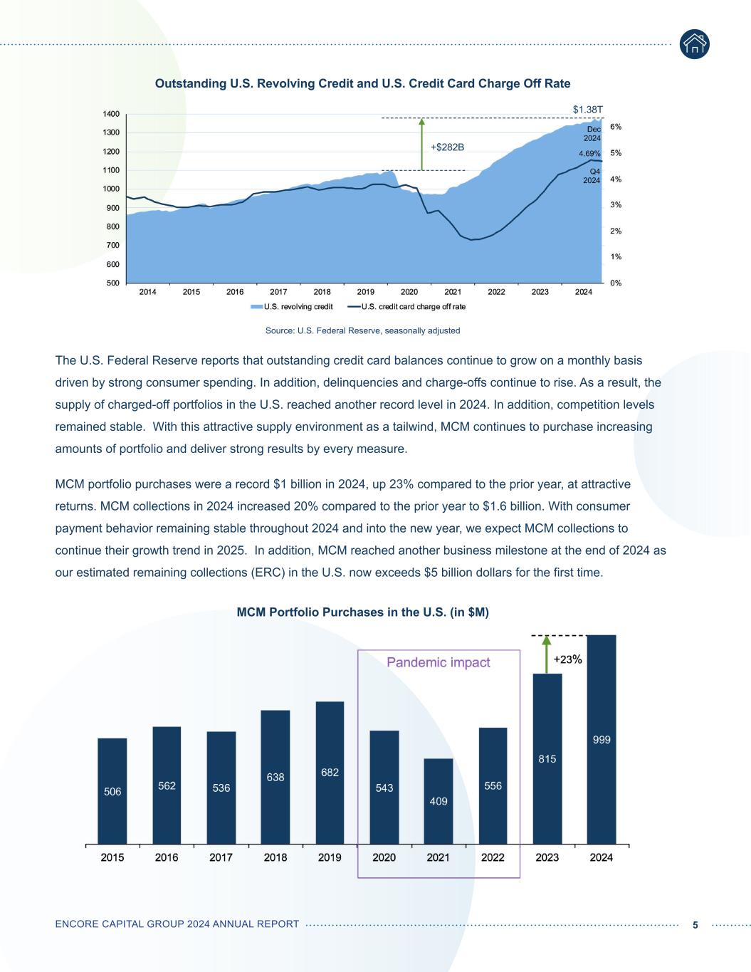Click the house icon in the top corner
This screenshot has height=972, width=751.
(x=694, y=44)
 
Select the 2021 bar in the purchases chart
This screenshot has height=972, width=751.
(x=438, y=801)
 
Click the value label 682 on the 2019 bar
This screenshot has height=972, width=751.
(x=330, y=773)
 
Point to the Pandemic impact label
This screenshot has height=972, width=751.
(x=438, y=662)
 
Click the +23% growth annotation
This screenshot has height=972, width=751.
(x=568, y=659)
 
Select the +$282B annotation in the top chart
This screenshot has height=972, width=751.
(x=447, y=147)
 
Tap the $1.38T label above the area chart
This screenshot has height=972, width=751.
(x=588, y=109)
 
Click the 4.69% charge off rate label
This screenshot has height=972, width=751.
(x=589, y=153)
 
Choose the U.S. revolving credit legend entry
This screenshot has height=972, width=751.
(x=293, y=307)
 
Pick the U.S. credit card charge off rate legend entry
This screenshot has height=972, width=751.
(x=406, y=307)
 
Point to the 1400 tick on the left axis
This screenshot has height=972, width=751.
(x=111, y=114)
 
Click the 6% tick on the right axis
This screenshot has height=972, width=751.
(x=616, y=127)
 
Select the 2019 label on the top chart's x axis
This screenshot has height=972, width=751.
(x=365, y=292)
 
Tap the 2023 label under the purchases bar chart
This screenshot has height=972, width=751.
(x=547, y=857)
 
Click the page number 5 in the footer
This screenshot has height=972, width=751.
(x=695, y=924)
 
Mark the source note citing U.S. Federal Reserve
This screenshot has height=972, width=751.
(x=362, y=330)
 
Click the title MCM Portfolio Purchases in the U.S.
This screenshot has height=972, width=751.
(x=362, y=612)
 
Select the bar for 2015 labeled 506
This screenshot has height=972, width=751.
(x=112, y=791)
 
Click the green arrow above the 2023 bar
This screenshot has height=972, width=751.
(x=546, y=654)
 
